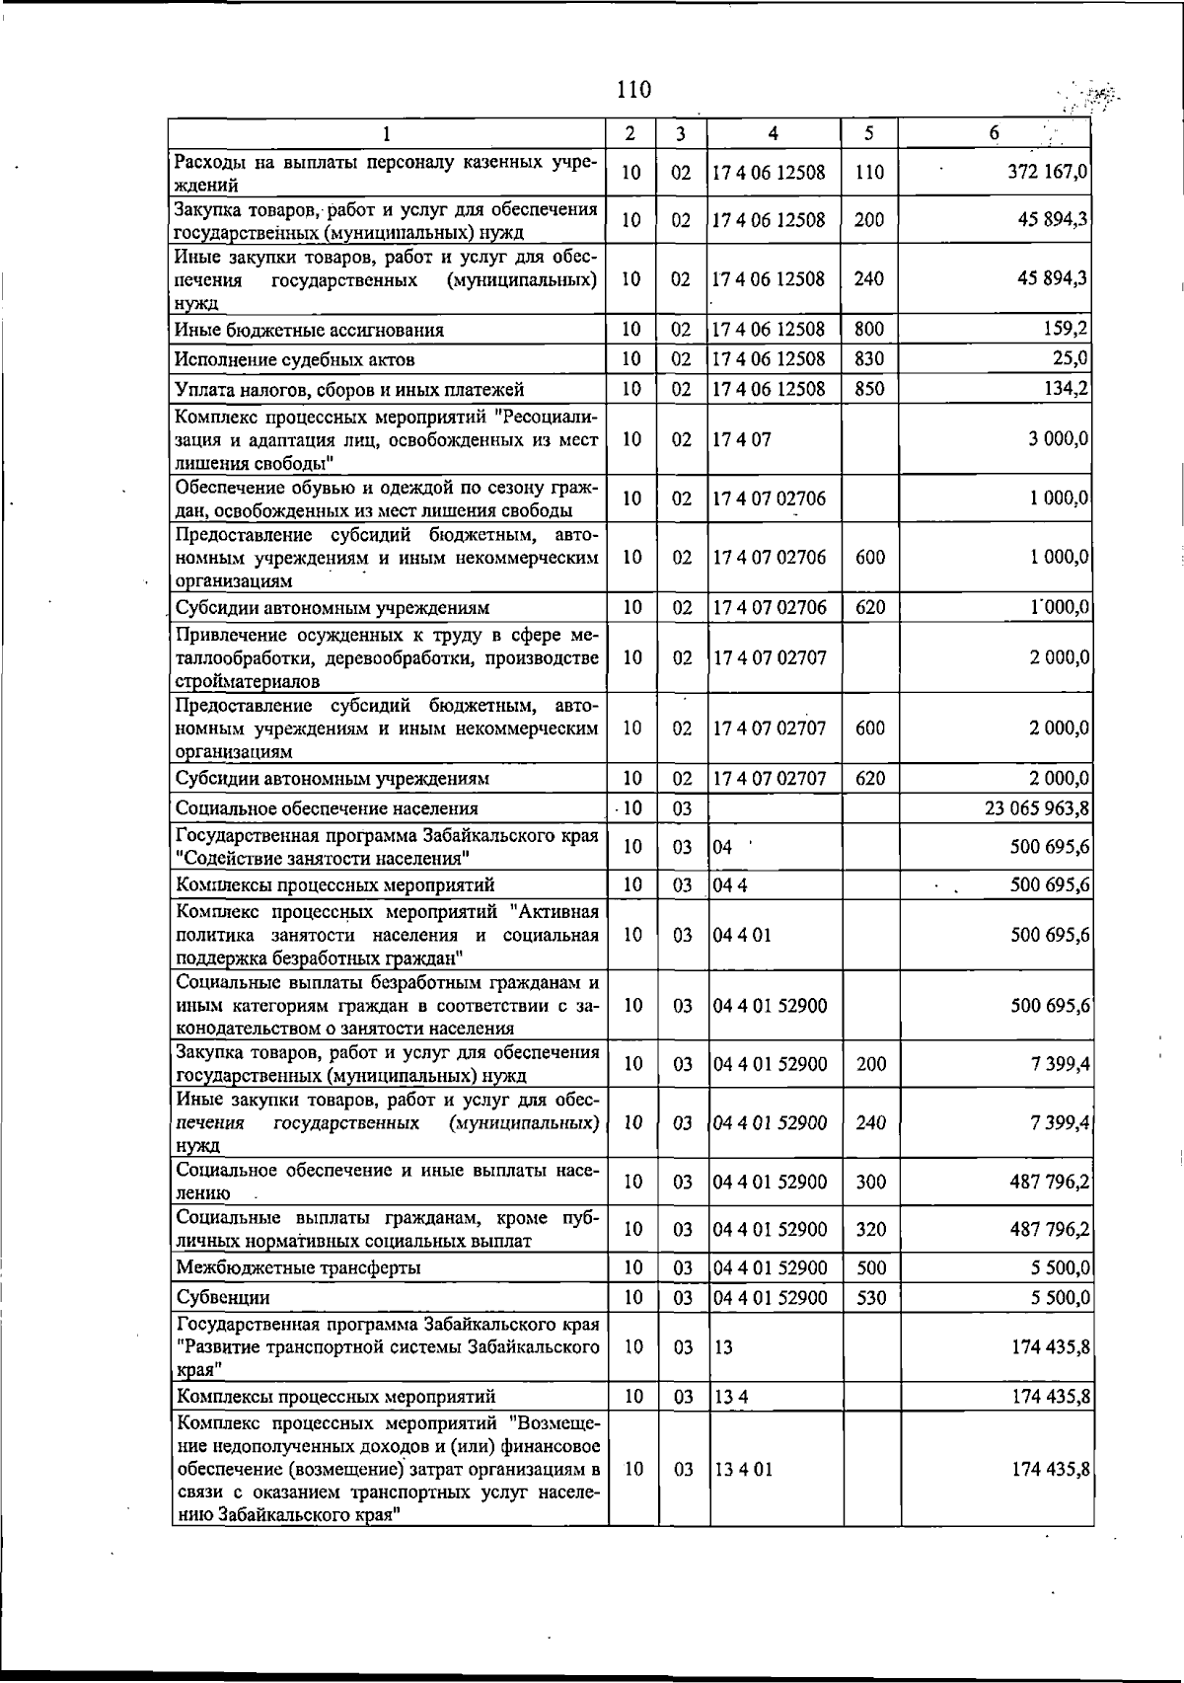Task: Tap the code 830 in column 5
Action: click(869, 358)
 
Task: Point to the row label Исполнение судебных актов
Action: click(295, 359)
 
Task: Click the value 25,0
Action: click(1071, 358)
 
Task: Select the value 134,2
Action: click(1066, 388)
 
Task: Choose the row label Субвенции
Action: click(223, 1297)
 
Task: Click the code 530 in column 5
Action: click(870, 1297)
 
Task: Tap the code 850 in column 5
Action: click(869, 388)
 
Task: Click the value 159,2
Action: click(1066, 329)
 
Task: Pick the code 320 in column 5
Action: click(870, 1229)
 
